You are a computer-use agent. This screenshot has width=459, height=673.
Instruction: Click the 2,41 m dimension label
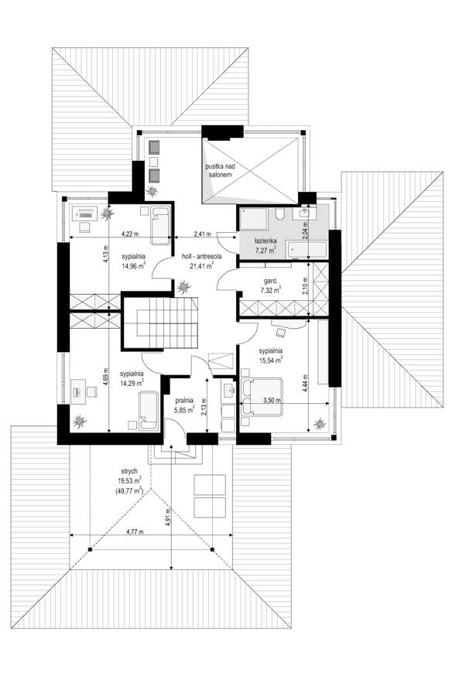[x=202, y=233]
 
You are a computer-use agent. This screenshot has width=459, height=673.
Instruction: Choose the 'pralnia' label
[x=184, y=400]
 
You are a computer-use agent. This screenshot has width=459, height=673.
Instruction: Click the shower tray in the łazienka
[x=253, y=220]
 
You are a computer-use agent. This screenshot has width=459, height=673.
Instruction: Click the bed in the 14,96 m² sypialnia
[x=160, y=224]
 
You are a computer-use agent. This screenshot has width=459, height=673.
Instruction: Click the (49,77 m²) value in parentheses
[x=129, y=490]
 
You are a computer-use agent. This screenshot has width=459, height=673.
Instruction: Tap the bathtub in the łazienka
[x=306, y=249]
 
